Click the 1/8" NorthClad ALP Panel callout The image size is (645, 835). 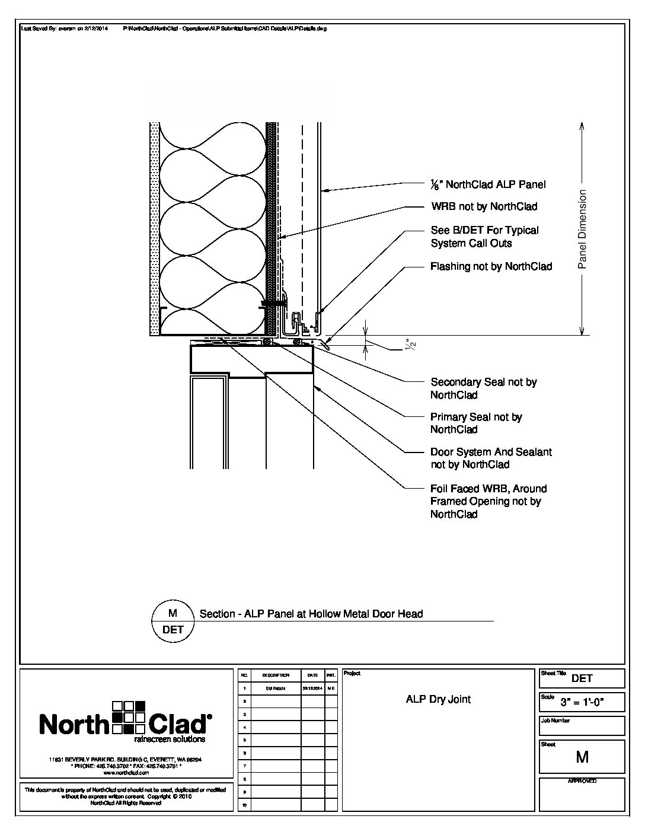488,184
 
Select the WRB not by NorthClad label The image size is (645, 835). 484,207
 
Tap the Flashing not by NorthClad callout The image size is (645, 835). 491,267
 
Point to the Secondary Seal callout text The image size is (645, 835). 483,388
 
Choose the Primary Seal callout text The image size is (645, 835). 476,423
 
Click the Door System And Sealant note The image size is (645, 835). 491,458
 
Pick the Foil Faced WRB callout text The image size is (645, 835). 488,501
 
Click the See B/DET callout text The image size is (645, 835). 484,237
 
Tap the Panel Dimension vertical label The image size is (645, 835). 582,230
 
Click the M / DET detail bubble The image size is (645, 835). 173,622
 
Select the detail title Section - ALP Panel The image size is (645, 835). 311,614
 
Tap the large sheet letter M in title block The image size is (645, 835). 582,757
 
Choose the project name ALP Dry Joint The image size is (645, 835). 438,699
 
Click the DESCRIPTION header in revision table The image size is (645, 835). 276,675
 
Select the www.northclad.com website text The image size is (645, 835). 125,773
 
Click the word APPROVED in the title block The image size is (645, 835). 582,781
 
